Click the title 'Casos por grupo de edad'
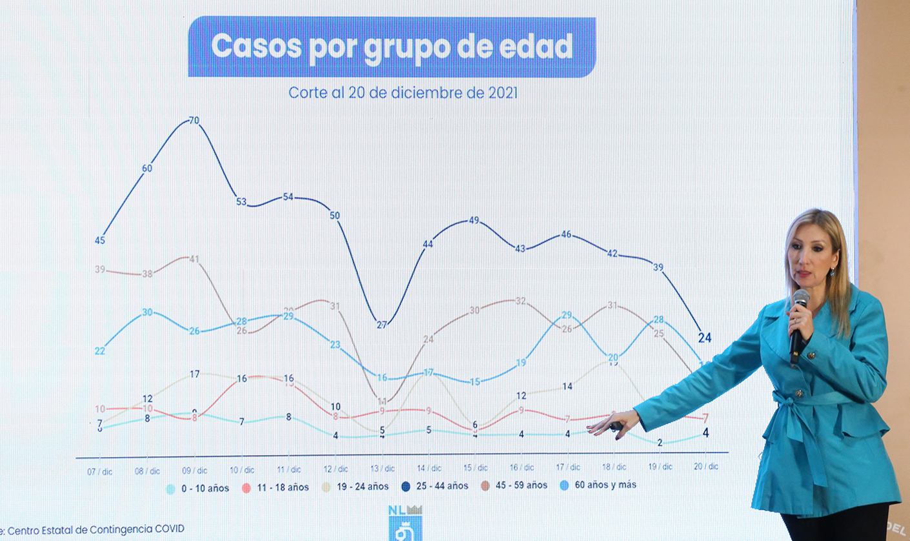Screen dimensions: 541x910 click(x=392, y=47)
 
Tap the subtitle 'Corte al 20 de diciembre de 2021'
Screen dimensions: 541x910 click(x=403, y=92)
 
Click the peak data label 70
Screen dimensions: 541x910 click(x=194, y=121)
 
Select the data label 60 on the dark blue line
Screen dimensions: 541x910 click(x=147, y=168)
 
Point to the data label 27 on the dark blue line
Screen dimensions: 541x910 click(x=381, y=325)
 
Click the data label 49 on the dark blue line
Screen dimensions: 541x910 click(x=474, y=220)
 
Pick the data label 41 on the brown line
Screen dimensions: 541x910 click(x=194, y=259)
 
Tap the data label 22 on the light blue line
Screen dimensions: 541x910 click(x=100, y=351)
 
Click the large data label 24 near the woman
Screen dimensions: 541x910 click(x=705, y=338)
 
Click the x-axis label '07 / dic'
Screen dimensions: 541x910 click(x=100, y=472)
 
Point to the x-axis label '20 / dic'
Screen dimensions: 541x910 click(x=705, y=466)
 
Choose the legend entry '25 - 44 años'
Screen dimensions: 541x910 click(x=436, y=485)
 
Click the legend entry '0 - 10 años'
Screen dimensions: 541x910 click(x=198, y=489)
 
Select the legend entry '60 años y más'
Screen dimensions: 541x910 click(x=598, y=484)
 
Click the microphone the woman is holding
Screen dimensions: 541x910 click(x=799, y=323)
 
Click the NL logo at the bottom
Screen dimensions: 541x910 click(x=405, y=522)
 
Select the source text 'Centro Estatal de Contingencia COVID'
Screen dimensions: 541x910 click(x=97, y=529)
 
